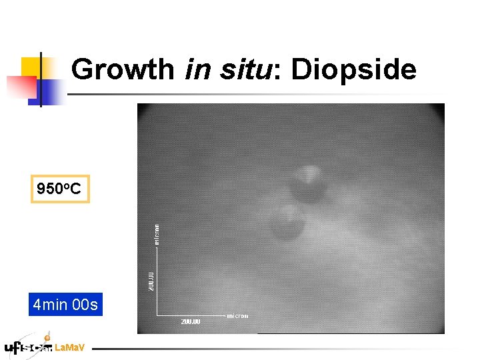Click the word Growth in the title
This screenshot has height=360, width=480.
[x=123, y=69]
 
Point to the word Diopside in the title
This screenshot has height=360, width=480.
[x=353, y=69]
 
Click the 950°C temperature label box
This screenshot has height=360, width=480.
[x=59, y=189]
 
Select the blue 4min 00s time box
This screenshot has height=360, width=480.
[x=65, y=305]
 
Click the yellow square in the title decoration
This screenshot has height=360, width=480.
[x=35, y=69]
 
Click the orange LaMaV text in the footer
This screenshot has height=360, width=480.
[x=69, y=347]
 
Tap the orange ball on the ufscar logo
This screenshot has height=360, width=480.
[x=47, y=338]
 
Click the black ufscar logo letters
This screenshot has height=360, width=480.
[x=27, y=347]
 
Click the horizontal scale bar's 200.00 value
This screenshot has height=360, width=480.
[x=190, y=322]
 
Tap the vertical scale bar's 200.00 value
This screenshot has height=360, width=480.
[x=152, y=280]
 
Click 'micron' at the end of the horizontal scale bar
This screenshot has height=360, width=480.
[x=237, y=316]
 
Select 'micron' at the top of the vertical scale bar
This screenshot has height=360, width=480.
[x=157, y=235]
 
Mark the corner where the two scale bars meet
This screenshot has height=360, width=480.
[x=157, y=315]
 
